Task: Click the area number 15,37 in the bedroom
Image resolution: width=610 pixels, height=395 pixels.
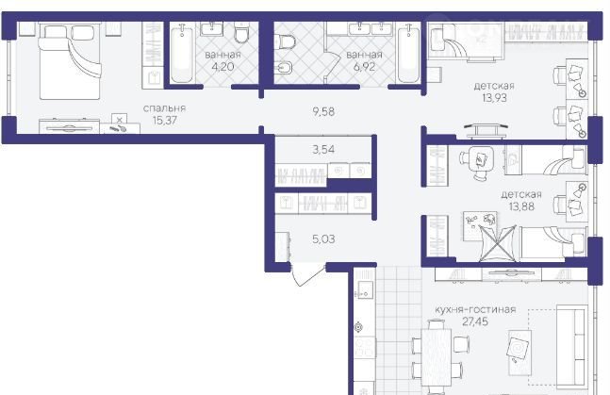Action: click(x=165, y=121)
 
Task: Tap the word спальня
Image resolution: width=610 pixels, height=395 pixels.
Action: click(x=164, y=108)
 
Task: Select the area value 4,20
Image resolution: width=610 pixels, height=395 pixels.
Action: click(x=223, y=67)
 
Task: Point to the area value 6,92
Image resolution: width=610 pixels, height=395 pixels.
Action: click(x=364, y=67)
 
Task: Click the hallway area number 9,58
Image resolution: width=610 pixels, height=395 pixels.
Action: click(x=323, y=111)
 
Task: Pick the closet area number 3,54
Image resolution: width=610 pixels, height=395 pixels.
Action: click(x=323, y=149)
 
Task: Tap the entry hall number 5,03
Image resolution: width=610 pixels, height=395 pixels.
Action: click(x=323, y=239)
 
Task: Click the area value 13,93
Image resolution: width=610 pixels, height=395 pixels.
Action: click(x=494, y=98)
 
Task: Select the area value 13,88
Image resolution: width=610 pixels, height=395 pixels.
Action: click(x=521, y=206)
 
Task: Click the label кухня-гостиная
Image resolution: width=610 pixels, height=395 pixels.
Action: click(x=475, y=309)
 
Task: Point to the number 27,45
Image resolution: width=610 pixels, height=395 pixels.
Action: click(x=475, y=321)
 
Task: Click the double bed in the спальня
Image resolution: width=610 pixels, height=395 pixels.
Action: click(x=70, y=61)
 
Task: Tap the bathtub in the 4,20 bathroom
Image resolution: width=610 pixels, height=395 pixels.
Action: click(x=182, y=54)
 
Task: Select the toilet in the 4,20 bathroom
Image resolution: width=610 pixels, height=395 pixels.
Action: click(x=242, y=33)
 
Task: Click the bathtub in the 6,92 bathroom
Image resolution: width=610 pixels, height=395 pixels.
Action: click(x=408, y=54)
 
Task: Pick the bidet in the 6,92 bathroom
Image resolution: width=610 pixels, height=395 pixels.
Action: click(x=283, y=69)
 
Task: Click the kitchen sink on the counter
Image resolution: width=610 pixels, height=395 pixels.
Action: click(x=365, y=288)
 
